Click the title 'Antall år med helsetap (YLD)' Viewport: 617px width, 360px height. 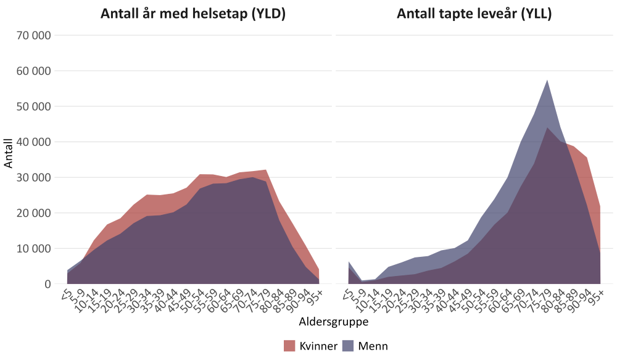pyautogui.click(x=193, y=14)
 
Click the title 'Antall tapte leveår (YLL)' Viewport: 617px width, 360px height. pyautogui.click(x=474, y=14)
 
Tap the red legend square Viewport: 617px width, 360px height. pyautogui.click(x=289, y=345)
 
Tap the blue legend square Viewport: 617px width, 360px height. pyautogui.click(x=347, y=345)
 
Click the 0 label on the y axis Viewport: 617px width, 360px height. pyautogui.click(x=46, y=284)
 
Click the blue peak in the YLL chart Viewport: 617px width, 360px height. pyautogui.click(x=547, y=81)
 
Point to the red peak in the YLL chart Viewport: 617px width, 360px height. pyautogui.click(x=547, y=128)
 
